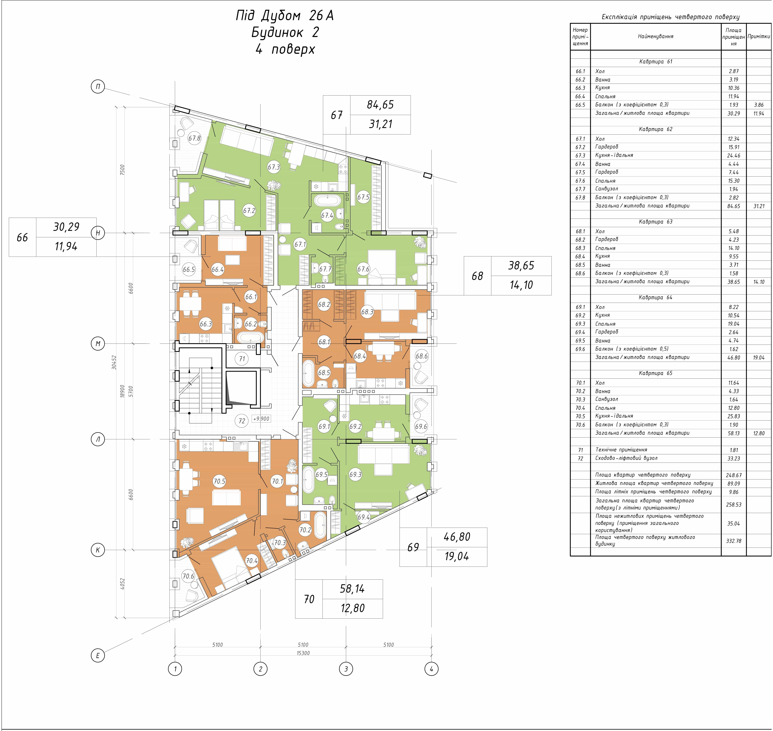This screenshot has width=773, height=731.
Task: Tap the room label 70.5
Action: pos(219,481)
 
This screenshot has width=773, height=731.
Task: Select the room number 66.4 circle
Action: pos(217,269)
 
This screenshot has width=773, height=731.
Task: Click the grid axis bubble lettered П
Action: pos(98,86)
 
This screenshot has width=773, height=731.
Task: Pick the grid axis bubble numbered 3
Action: pos(346,669)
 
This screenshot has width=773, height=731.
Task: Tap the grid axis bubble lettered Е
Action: pos(98,655)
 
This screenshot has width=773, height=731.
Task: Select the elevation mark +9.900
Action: pos(261,419)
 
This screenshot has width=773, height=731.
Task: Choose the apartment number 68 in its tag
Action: pos(477,276)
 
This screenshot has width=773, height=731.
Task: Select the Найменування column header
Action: pos(656,36)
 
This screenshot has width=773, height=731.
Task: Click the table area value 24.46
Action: pos(734,155)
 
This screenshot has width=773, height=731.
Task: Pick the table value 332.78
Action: pos(734,541)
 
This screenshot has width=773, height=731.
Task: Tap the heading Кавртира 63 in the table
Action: pos(656,222)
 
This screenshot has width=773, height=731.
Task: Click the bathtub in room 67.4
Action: pos(328,201)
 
